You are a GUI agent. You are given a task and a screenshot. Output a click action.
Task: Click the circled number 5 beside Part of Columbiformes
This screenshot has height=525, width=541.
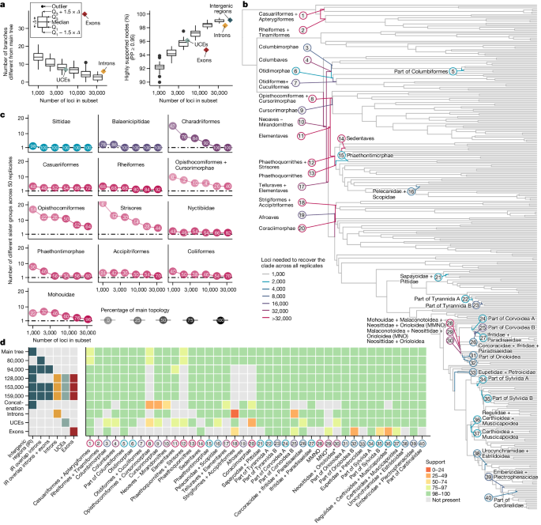[x=453, y=72]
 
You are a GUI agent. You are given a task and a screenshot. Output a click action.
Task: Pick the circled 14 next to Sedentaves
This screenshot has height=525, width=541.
[x=341, y=138]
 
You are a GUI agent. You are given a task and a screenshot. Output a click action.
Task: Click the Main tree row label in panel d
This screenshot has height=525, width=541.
[x=14, y=352]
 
